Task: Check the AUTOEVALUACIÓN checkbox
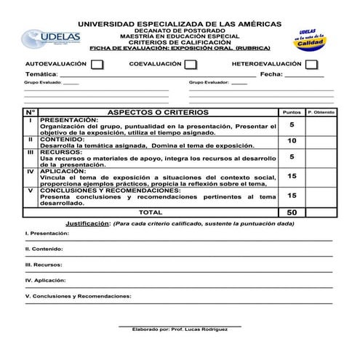(x=97, y=65)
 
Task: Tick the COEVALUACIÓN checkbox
(x=191, y=65)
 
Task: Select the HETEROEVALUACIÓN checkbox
(x=311, y=65)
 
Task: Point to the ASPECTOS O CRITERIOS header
(x=158, y=113)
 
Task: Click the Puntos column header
(x=292, y=113)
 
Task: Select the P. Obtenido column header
(x=321, y=113)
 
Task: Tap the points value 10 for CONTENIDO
(x=292, y=141)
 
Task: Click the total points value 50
(x=292, y=212)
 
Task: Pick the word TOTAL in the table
(x=151, y=212)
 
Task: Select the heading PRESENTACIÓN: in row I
(x=69, y=119)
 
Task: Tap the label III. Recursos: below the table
(x=44, y=265)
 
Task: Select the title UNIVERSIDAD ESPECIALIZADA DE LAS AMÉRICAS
(x=179, y=24)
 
